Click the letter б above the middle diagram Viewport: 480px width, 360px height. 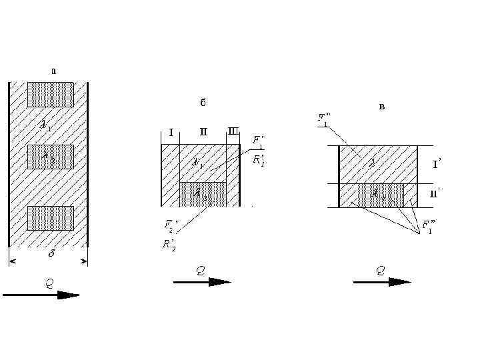[x=203, y=103]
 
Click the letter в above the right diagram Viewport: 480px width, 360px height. [x=381, y=107]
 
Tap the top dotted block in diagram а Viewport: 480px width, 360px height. [x=50, y=95]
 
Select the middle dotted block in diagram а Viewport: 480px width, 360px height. [x=50, y=157]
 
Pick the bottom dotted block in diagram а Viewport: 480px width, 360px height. [x=50, y=218]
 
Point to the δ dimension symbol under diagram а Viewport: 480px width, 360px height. [x=51, y=253]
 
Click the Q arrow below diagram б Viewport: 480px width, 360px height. [x=202, y=282]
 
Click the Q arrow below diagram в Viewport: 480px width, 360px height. [x=382, y=282]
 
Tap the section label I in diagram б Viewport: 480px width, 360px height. [x=171, y=132]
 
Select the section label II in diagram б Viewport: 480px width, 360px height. [x=203, y=131]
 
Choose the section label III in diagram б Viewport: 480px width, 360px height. [x=233, y=131]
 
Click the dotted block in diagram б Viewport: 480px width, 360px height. [x=203, y=194]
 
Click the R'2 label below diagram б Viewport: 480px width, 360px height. [x=169, y=244]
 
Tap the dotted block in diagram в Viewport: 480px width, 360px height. [x=380, y=195]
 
